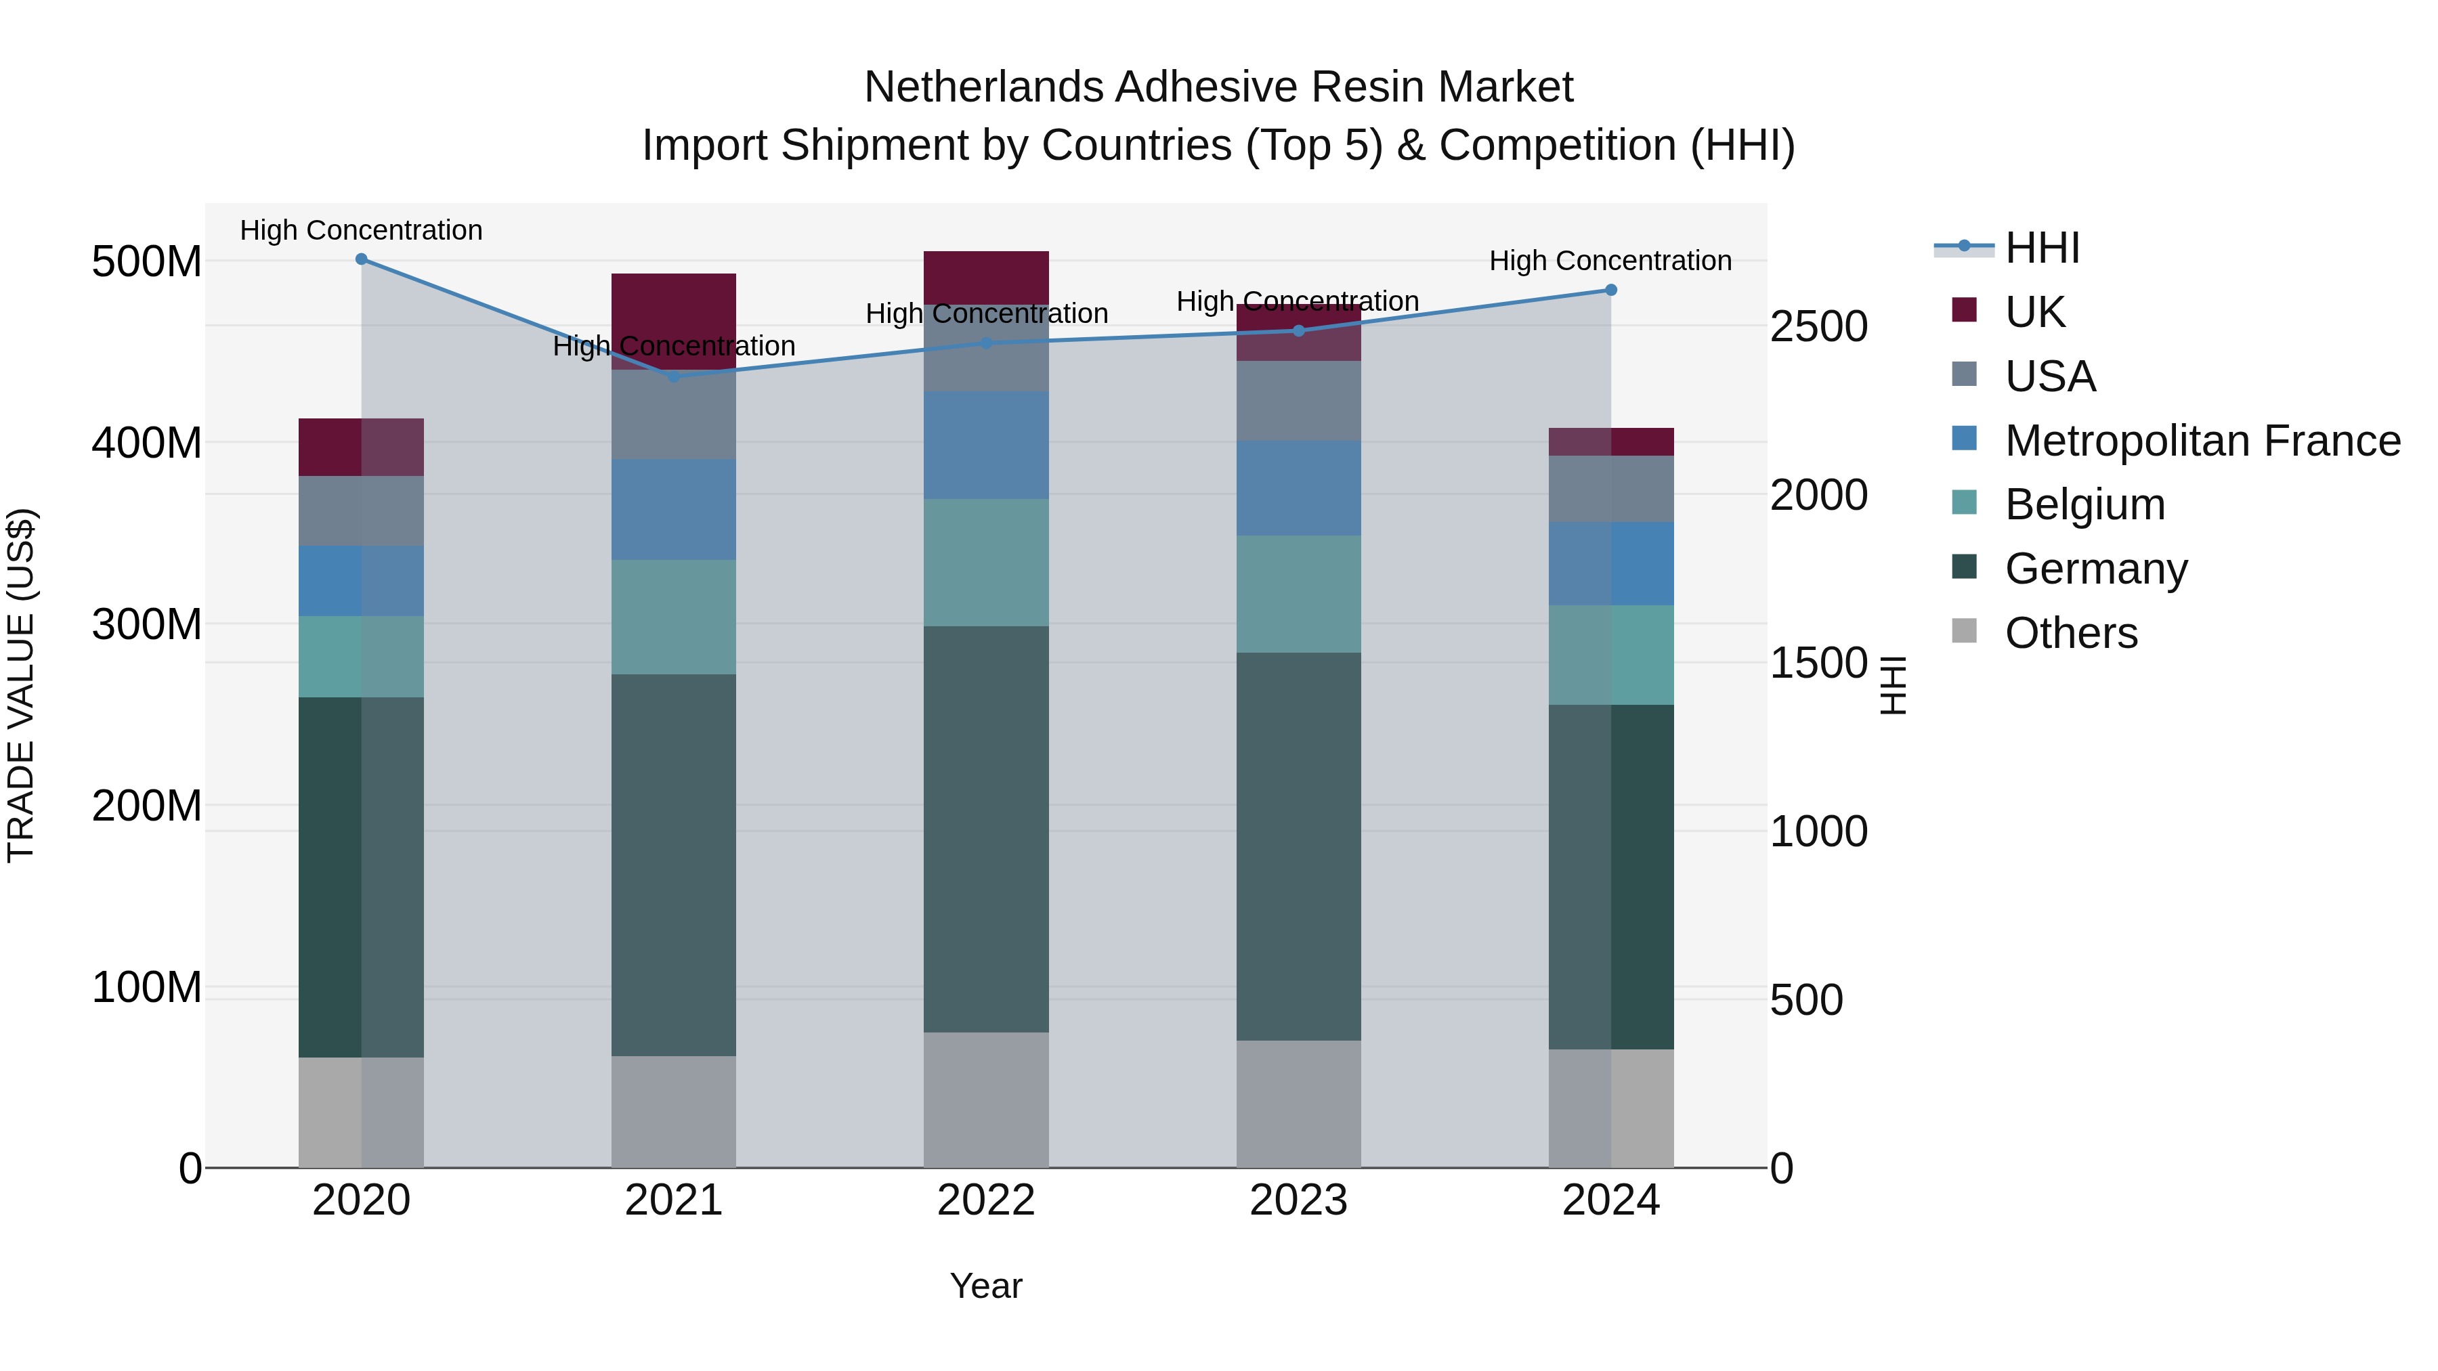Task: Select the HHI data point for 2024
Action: point(1611,290)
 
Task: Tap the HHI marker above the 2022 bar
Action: point(986,343)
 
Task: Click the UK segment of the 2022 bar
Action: point(986,277)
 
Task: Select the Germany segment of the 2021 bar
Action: point(674,864)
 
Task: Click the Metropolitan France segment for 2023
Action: point(1298,488)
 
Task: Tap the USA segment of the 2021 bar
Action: point(674,414)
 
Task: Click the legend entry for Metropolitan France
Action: point(2202,441)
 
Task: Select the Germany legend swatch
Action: point(1964,568)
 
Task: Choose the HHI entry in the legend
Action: point(2043,248)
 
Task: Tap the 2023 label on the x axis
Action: point(1298,1200)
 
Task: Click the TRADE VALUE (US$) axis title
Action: point(21,685)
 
